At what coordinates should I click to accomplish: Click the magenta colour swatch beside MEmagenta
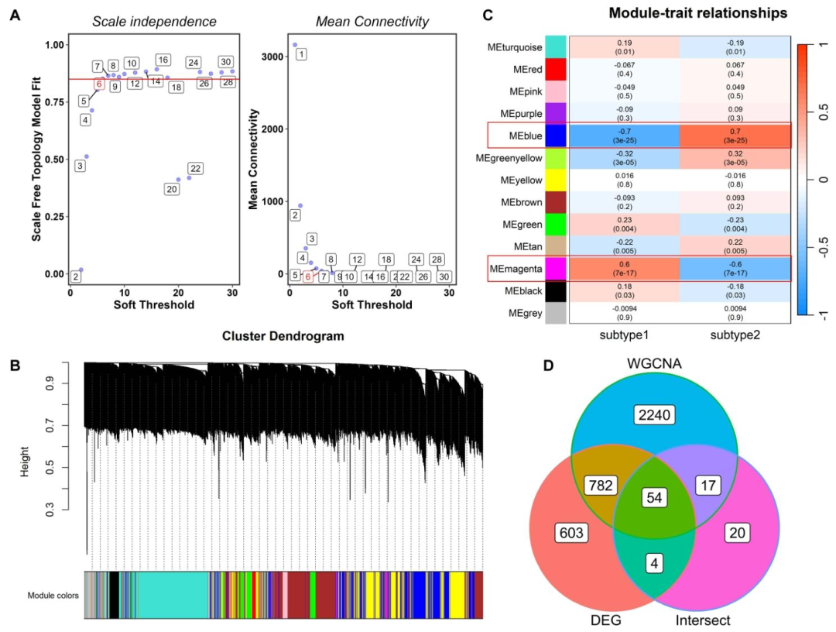(556, 268)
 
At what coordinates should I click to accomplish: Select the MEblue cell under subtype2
(735, 136)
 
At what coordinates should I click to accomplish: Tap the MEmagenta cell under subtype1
(624, 268)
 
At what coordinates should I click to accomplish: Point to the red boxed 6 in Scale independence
(99, 84)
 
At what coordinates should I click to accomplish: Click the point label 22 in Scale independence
(195, 168)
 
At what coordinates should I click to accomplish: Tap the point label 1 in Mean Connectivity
(301, 53)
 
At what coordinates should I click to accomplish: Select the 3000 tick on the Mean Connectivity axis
(268, 57)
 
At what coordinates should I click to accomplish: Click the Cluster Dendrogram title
(283, 336)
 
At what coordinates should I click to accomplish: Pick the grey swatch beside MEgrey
(556, 312)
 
